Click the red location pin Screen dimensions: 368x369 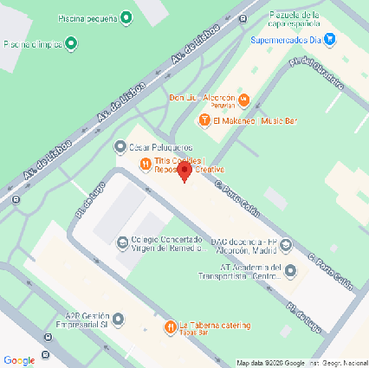[184, 171]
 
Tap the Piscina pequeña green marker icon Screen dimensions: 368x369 [126, 17]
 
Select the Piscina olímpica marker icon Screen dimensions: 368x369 [70, 43]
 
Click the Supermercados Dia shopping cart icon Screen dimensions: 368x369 [328, 39]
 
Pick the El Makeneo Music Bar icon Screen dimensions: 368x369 [205, 120]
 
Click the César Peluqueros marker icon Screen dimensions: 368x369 [121, 145]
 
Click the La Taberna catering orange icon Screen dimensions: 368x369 [169, 326]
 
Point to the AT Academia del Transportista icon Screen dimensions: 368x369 [290, 272]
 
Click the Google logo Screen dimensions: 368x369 [19, 359]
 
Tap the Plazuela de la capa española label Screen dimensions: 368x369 [300, 18]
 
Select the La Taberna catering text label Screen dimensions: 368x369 [215, 326]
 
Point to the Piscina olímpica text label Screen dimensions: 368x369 [33, 43]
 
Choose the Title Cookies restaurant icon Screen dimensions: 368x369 [144, 165]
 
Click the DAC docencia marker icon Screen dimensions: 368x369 [286, 243]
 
